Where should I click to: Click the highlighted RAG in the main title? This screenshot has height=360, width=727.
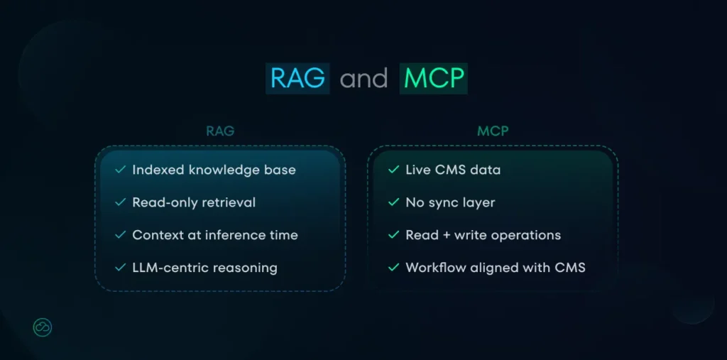pos(297,79)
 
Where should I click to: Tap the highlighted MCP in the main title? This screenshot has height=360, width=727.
pos(433,79)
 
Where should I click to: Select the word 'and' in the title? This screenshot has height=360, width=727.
pos(364,79)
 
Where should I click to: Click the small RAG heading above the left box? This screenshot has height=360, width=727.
pos(220,131)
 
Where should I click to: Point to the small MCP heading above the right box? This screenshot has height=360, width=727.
pos(492,131)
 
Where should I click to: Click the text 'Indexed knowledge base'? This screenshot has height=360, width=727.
pos(214,170)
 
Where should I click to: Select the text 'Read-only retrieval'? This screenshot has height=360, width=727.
pos(194,202)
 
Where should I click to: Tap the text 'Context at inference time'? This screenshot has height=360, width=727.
pos(215,235)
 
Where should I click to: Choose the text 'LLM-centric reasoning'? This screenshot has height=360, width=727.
pos(204,268)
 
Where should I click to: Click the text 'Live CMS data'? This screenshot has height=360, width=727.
pos(453,170)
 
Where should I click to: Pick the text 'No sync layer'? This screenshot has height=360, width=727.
pos(450,202)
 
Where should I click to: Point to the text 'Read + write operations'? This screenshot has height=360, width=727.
pos(483,235)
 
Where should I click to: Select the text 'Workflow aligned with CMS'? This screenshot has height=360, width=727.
pos(496,268)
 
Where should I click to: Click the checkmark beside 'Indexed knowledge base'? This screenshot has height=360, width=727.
pos(120,170)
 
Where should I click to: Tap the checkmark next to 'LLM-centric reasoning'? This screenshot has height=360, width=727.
pos(120,268)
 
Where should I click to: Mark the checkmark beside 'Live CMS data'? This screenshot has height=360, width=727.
pos(393,170)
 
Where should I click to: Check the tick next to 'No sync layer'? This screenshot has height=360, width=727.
pos(393,202)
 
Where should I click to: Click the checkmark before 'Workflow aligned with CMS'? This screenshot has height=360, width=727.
pos(393,268)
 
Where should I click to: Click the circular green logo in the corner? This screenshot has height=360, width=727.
pos(43,327)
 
